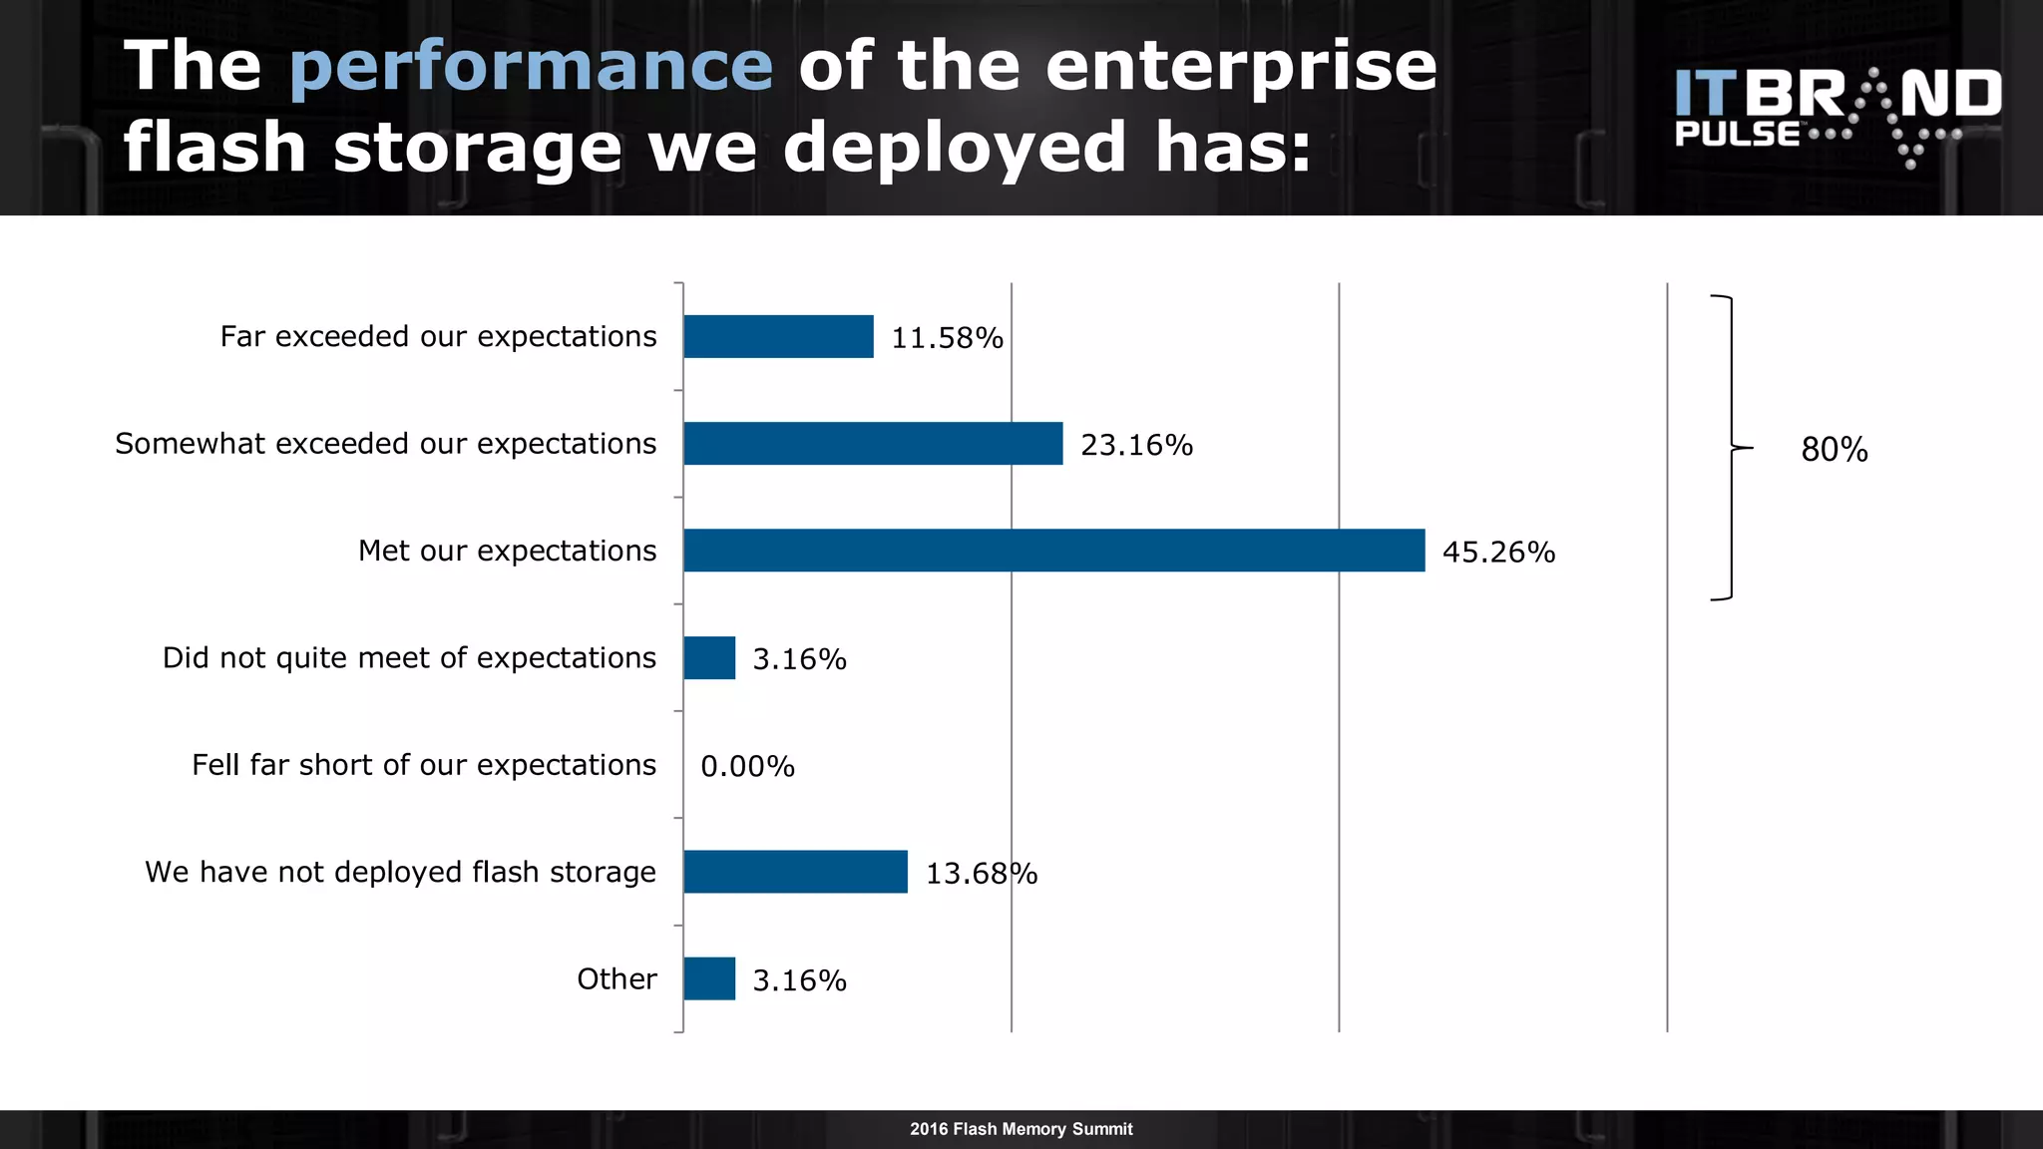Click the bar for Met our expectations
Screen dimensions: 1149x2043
(1053, 551)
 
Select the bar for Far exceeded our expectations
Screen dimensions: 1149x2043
(778, 336)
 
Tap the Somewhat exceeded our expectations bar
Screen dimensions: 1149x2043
(873, 443)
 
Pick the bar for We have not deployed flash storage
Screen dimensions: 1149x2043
(795, 872)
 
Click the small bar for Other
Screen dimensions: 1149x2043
(709, 978)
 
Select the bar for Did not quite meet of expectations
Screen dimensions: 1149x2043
(709, 658)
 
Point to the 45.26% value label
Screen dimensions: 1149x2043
(1498, 552)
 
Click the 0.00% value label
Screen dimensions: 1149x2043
(747, 766)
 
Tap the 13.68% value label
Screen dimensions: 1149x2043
(982, 874)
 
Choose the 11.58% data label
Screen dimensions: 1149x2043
(947, 338)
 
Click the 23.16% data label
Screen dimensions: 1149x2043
(1136, 445)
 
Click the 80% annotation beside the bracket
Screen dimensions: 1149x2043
(1834, 450)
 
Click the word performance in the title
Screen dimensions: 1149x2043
(531, 66)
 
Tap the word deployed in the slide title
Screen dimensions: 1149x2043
(955, 147)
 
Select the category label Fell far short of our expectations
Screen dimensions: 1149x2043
(424, 765)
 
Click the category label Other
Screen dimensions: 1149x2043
(616, 978)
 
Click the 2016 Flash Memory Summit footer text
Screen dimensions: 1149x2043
(1021, 1129)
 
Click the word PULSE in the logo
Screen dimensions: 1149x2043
(1737, 135)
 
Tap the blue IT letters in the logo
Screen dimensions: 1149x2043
(1706, 94)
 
